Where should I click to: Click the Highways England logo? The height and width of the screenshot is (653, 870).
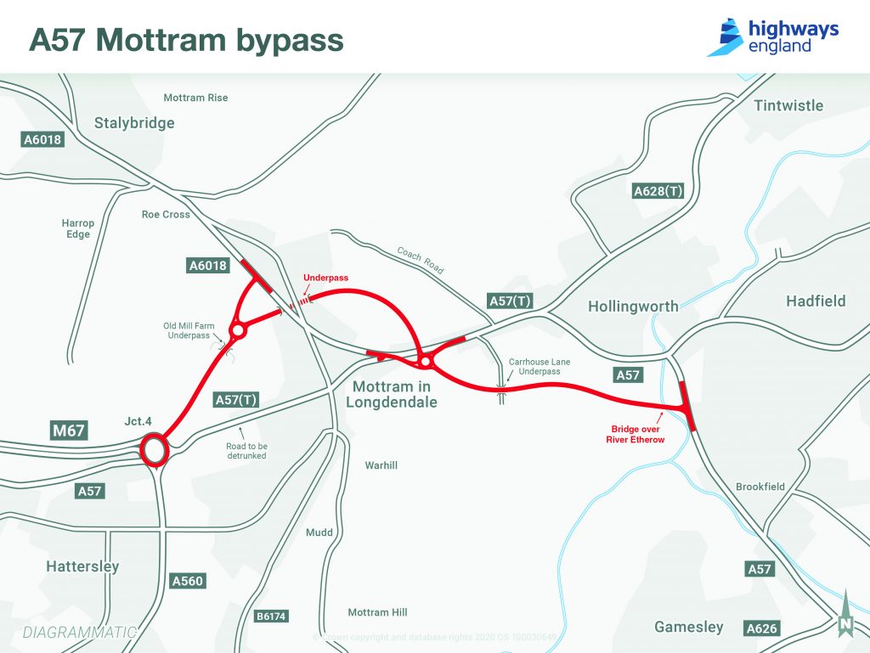pyautogui.click(x=772, y=37)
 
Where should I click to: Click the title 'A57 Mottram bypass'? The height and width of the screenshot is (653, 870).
pyautogui.click(x=186, y=40)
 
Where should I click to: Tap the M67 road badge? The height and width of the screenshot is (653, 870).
pyautogui.click(x=69, y=431)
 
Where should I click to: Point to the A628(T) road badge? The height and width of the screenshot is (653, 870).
pyautogui.click(x=658, y=191)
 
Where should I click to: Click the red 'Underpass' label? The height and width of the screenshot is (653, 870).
pyautogui.click(x=326, y=278)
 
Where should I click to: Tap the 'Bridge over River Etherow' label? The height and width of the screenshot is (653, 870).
pyautogui.click(x=636, y=434)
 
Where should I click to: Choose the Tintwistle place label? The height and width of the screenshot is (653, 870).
pyautogui.click(x=788, y=105)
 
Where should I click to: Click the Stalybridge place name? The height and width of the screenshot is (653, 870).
pyautogui.click(x=134, y=123)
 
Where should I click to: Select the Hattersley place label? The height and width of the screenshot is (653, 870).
pyautogui.click(x=82, y=566)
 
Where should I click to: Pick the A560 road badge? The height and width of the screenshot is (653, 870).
pyautogui.click(x=188, y=581)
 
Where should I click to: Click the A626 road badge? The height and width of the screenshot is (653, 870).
pyautogui.click(x=760, y=628)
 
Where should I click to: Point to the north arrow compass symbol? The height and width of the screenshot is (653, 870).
pyautogui.click(x=845, y=615)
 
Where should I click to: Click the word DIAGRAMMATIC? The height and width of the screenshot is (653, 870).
pyautogui.click(x=80, y=632)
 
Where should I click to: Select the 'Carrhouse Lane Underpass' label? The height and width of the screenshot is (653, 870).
pyautogui.click(x=540, y=367)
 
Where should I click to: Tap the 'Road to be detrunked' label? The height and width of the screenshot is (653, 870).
pyautogui.click(x=247, y=450)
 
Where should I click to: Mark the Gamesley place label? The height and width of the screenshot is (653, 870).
pyautogui.click(x=688, y=628)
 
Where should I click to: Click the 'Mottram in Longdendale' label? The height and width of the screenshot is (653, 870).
pyautogui.click(x=392, y=394)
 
